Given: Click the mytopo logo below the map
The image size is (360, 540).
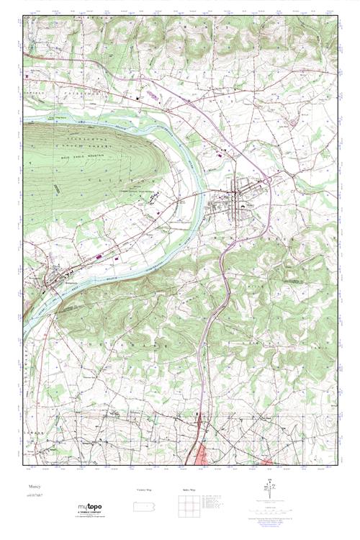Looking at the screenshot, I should coord(91,507).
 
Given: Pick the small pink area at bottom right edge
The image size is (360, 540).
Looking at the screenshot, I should coord(268,459).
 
